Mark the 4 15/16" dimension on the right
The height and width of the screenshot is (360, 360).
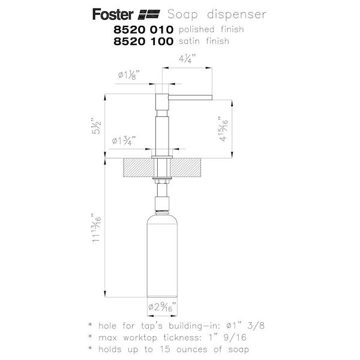pyautogui.click(x=224, y=128)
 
